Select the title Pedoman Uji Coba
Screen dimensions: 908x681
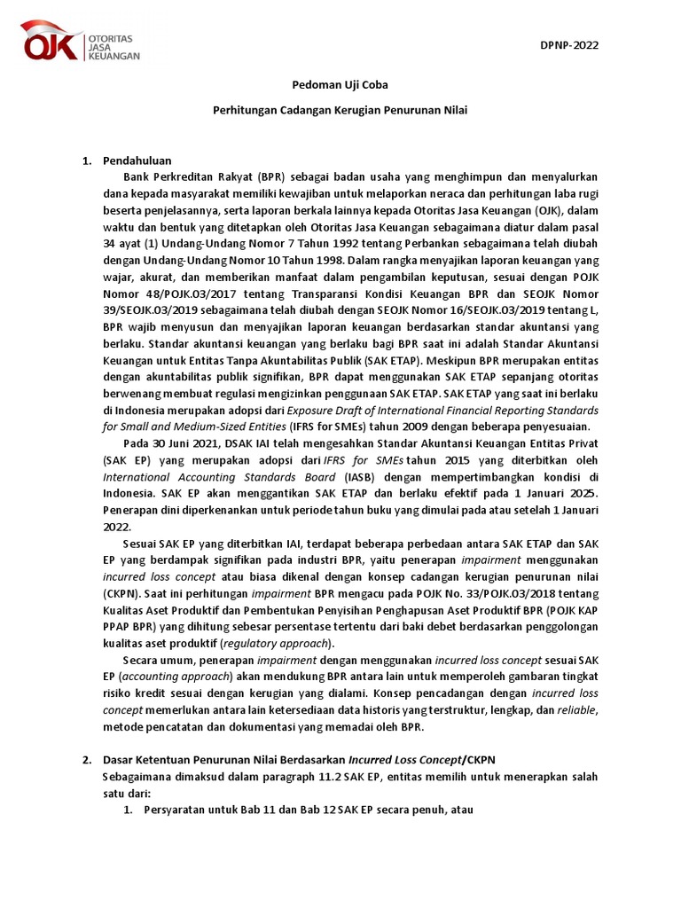(x=340, y=85)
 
